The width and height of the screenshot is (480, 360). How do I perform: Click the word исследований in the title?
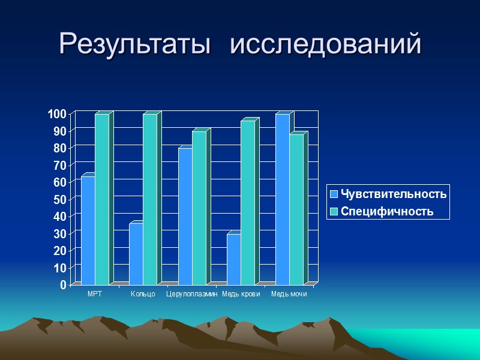pos(326,44)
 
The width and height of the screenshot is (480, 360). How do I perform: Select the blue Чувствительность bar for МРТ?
pos(88,230)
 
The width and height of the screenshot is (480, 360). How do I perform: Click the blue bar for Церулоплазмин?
pos(185,216)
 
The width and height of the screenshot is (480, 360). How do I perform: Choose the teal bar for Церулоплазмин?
pos(199,208)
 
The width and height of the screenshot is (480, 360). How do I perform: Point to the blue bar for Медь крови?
pos(233,259)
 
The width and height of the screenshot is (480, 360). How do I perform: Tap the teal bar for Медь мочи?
pos(296,209)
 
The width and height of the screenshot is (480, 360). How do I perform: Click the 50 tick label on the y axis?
pos(60,199)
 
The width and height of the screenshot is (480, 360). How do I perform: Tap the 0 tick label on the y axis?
pos(63,284)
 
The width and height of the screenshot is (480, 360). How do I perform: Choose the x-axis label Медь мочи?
pos(289,294)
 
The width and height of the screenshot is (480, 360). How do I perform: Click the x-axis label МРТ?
pos(95,294)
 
